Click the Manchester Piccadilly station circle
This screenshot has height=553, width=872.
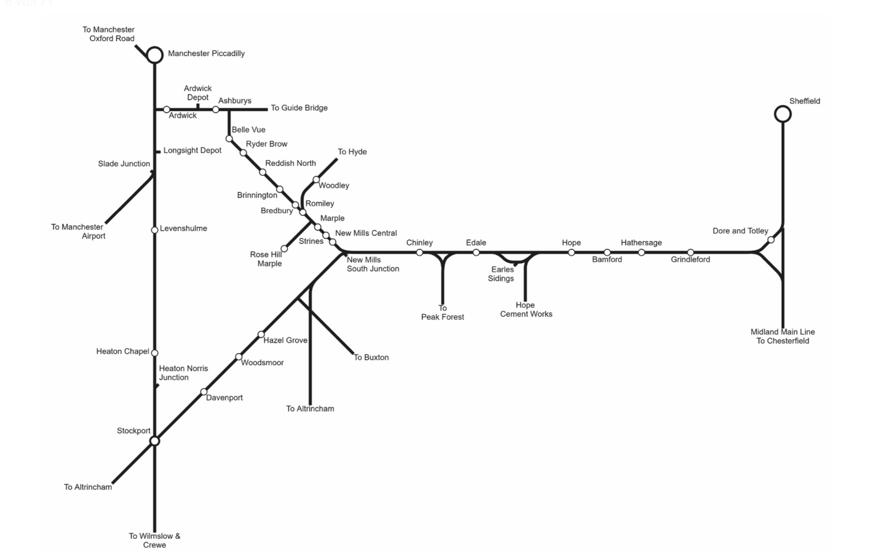point(155,55)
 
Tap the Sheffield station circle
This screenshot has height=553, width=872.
point(783,114)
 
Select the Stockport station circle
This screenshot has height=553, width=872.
point(155,441)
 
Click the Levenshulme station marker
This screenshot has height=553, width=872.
point(155,230)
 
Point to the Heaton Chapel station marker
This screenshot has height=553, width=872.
point(155,353)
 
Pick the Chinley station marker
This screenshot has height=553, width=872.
point(419,253)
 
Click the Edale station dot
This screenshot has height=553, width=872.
point(476,253)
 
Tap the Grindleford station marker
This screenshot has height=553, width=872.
point(690,253)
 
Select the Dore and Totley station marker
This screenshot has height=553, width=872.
point(771,240)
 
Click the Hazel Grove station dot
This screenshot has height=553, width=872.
point(261,334)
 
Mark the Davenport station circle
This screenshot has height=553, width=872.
point(204,392)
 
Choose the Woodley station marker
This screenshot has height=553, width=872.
point(316,180)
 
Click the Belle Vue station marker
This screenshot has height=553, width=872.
point(229,139)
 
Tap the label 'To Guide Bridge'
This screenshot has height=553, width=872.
point(299,108)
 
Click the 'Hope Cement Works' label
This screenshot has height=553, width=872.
point(526,310)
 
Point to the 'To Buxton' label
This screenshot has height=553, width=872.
point(371,357)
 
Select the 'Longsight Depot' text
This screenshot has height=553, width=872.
point(192,150)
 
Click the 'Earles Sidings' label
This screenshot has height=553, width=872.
point(501,274)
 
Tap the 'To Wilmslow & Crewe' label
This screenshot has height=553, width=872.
point(154,540)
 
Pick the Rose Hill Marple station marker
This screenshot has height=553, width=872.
point(284,249)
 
